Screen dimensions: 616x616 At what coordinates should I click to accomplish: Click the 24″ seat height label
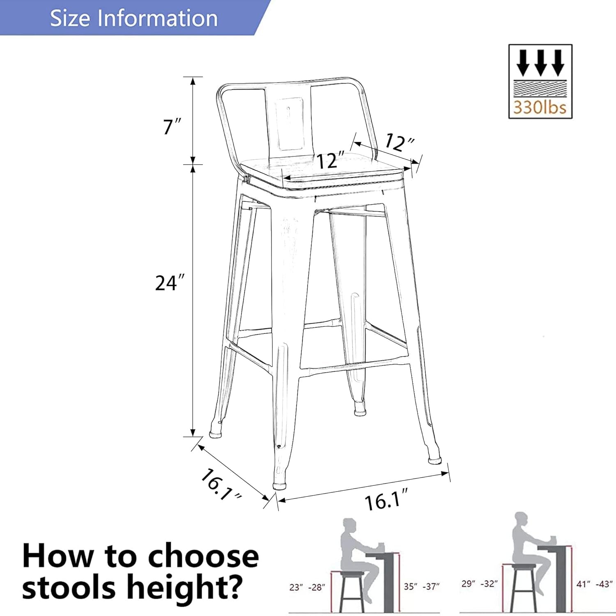[x=170, y=283]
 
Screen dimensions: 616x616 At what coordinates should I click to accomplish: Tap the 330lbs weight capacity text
[x=540, y=108]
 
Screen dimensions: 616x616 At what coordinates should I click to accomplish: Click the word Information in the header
[x=161, y=18]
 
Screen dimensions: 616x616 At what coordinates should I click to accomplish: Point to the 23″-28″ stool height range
[x=307, y=588]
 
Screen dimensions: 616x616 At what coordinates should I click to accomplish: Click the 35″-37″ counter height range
[x=421, y=586]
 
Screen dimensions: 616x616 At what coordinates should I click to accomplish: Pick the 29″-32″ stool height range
[x=479, y=584]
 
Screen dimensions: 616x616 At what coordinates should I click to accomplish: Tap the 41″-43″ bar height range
[x=594, y=584]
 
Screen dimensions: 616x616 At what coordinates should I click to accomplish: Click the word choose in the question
[x=203, y=556]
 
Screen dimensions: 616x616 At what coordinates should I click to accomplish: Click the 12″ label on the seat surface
[x=331, y=161]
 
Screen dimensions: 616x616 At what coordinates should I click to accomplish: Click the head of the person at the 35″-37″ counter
[x=349, y=526]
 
